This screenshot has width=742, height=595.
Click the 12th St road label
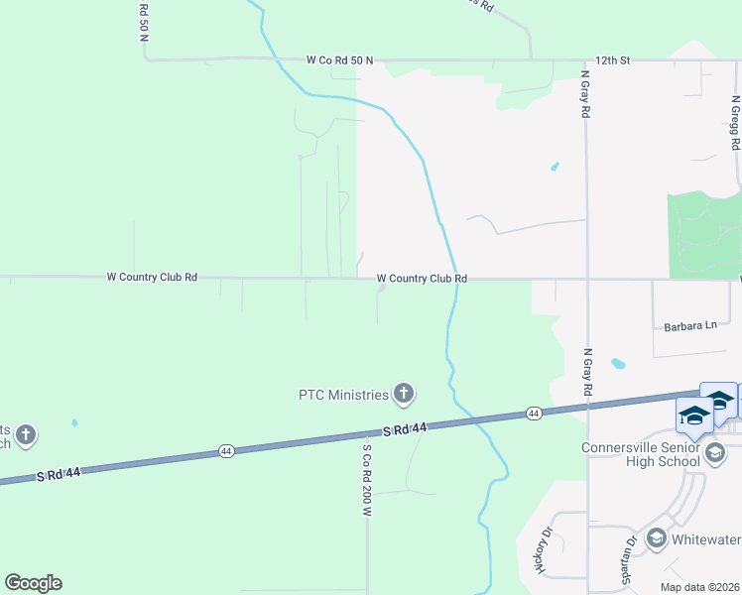click(x=612, y=59)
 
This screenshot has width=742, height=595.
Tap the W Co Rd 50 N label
click(x=339, y=59)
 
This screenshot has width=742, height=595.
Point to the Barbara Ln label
click(x=684, y=325)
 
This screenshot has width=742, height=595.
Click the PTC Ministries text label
click(x=343, y=395)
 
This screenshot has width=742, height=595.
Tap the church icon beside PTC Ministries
click(x=403, y=395)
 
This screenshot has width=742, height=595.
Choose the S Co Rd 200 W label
click(x=366, y=480)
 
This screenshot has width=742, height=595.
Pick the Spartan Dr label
click(x=629, y=555)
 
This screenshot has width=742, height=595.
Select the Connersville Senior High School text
click(x=654, y=454)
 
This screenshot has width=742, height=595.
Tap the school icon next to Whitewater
click(x=656, y=538)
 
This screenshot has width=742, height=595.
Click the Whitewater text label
click(x=705, y=539)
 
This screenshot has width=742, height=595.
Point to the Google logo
click(x=33, y=583)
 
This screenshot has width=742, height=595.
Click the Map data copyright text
click(x=699, y=587)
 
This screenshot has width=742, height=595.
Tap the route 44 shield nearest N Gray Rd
click(x=534, y=413)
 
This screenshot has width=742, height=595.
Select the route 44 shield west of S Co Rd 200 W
click(x=226, y=451)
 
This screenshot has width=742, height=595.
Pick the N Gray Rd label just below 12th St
click(x=585, y=94)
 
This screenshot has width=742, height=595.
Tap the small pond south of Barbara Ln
click(x=618, y=363)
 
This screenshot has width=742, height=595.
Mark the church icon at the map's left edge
click(x=25, y=434)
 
